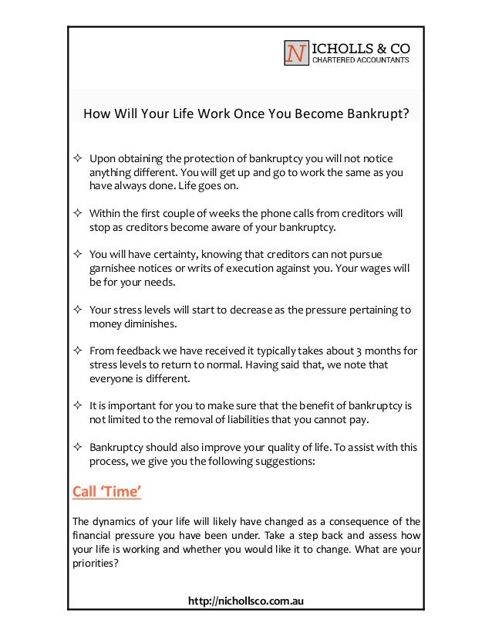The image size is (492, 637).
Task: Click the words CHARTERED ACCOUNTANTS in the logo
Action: coord(360,60)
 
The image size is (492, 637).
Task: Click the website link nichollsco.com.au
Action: coord(245,598)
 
